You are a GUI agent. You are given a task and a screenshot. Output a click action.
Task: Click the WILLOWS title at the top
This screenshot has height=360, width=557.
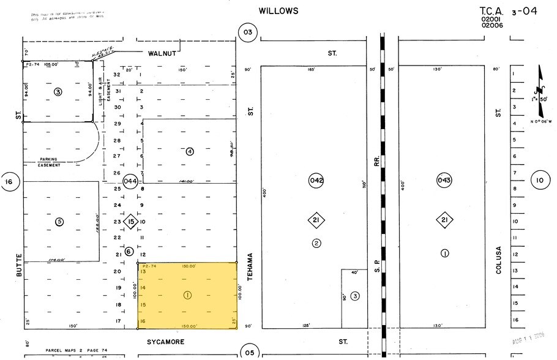[x=278, y=11]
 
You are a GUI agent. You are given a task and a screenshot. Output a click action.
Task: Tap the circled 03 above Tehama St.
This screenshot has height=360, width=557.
[x=247, y=33]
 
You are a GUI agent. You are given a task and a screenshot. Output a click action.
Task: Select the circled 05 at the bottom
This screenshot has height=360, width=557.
[x=249, y=352]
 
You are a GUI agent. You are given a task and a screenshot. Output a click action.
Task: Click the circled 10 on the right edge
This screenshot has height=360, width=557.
[x=539, y=180]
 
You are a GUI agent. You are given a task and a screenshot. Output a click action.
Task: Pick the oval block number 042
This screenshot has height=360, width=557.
[x=316, y=180]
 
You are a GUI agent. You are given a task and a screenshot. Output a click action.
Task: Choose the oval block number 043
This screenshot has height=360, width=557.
[x=444, y=180]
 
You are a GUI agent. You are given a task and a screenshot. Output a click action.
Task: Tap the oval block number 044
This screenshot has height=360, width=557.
[x=130, y=181]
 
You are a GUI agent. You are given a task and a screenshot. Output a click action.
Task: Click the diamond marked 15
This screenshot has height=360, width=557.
[x=130, y=222]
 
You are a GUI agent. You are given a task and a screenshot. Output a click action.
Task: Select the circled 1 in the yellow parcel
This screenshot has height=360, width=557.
[x=187, y=295]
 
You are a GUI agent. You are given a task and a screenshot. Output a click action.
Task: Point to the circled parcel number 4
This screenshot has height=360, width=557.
[x=190, y=151]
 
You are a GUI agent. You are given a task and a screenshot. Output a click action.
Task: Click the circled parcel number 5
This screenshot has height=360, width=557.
[x=59, y=222]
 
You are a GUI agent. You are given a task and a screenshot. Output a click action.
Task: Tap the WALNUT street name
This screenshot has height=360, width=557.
[x=162, y=53]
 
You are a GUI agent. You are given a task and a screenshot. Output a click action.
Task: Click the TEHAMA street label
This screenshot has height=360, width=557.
[x=250, y=268]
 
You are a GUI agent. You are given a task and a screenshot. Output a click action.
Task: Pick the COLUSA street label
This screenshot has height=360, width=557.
[x=499, y=260]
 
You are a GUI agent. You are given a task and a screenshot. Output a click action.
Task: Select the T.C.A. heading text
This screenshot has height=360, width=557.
[x=494, y=10]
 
